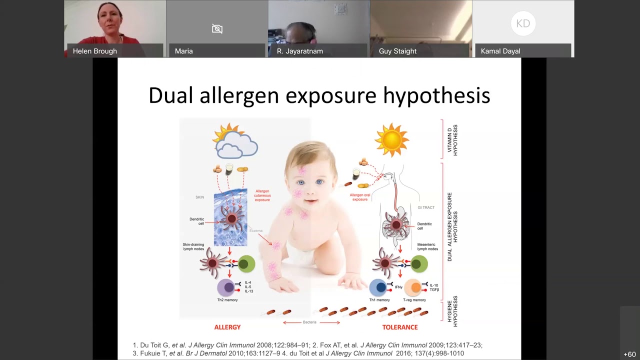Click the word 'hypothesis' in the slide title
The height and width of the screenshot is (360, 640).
pyautogui.click(x=436, y=95)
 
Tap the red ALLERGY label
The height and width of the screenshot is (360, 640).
pyautogui.click(x=227, y=327)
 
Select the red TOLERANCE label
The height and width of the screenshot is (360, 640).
pyautogui.click(x=400, y=327)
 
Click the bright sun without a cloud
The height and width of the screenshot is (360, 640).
pyautogui.click(x=391, y=140)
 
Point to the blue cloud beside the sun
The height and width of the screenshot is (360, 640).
pyautogui.click(x=236, y=147)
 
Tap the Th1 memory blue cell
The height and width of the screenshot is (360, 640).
pyautogui.click(x=379, y=287)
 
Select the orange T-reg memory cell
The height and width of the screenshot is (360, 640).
pyautogui.click(x=413, y=287)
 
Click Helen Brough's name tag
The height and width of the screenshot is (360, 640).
pyautogui.click(x=95, y=51)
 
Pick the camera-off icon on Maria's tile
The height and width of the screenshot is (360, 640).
pyautogui.click(x=217, y=28)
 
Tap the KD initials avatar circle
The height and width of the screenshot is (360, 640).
pyautogui.click(x=523, y=23)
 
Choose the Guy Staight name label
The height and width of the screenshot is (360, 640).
pyautogui.click(x=397, y=51)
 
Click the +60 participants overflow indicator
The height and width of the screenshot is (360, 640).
pyautogui.click(x=629, y=354)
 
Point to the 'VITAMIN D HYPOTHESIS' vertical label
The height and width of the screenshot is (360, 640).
pyautogui.click(x=452, y=139)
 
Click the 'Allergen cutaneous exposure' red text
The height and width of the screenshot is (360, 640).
pyautogui.click(x=262, y=195)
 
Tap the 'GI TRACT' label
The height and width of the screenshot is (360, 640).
pyautogui.click(x=426, y=207)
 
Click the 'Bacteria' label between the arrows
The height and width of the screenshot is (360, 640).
pyautogui.click(x=309, y=322)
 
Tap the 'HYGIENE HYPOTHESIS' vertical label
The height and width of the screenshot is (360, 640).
pyautogui.click(x=452, y=311)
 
